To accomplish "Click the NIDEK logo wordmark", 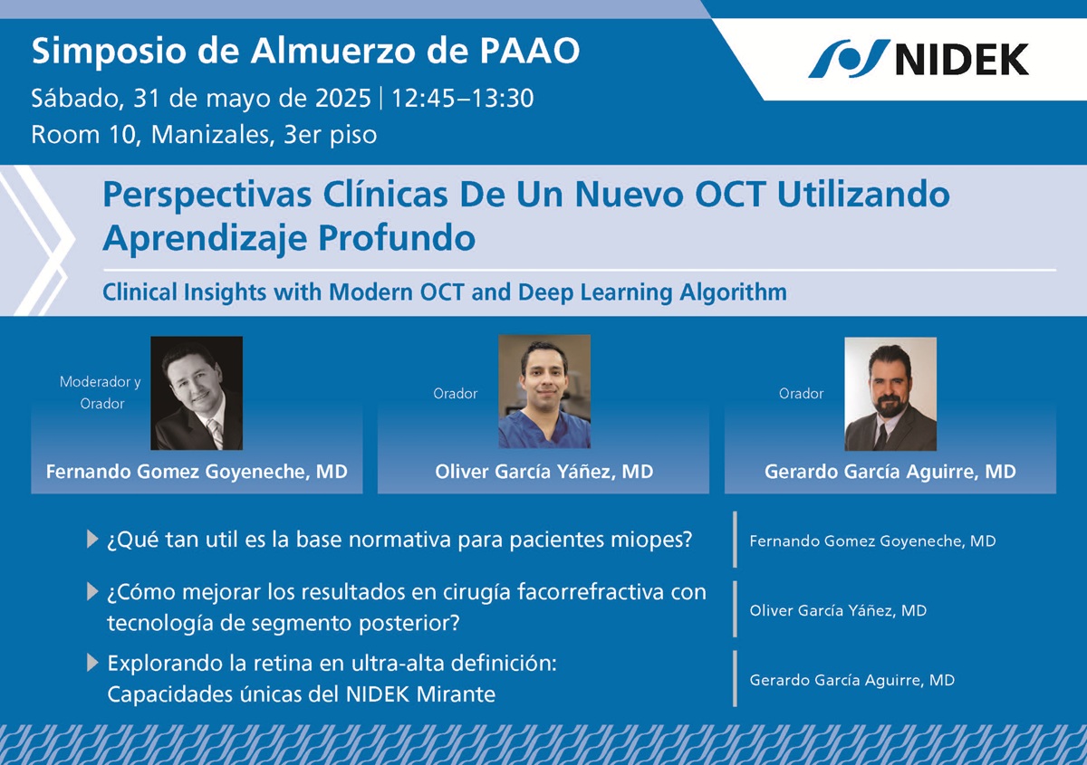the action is tap(962, 59).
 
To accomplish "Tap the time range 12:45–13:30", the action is tap(463, 98).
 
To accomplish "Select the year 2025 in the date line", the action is tap(343, 98).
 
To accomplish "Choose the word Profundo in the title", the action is tap(397, 238).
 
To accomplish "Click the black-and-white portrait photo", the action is tap(197, 393).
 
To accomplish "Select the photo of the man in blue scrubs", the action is tap(544, 391).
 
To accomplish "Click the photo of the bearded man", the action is tap(890, 394).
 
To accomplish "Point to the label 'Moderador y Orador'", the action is tap(101, 392).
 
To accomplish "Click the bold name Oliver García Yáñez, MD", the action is tap(544, 472).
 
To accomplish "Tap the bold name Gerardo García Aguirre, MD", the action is tap(890, 472).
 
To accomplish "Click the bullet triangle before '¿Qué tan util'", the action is tap(92, 539).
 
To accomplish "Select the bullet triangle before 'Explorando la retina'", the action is tap(92, 663).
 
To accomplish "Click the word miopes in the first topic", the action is tap(651, 540).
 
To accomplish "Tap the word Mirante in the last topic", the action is tap(456, 694).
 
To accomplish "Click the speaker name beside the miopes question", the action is tap(872, 540).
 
